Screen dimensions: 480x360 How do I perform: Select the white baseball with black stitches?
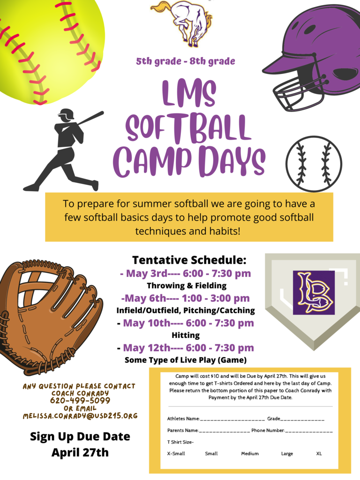pyautogui.click(x=314, y=164)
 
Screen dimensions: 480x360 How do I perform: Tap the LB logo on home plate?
pyautogui.click(x=314, y=292)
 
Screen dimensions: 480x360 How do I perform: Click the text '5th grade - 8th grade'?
pyautogui.click(x=186, y=61)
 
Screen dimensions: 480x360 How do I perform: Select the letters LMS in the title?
pyautogui.click(x=189, y=94)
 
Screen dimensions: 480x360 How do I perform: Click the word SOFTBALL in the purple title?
pyautogui.click(x=189, y=127)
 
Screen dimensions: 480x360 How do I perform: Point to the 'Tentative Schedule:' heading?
pyautogui.click(x=189, y=260)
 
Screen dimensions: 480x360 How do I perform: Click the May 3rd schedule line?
pyautogui.click(x=186, y=273)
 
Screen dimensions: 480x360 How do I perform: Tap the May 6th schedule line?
pyautogui.click(x=185, y=298)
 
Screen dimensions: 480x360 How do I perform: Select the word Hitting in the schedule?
pyautogui.click(x=186, y=335)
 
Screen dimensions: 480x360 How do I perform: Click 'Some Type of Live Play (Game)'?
pyautogui.click(x=186, y=360)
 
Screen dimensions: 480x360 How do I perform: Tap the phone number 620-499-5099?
pyautogui.click(x=80, y=401)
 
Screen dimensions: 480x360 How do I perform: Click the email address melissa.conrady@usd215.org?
pyautogui.click(x=80, y=416)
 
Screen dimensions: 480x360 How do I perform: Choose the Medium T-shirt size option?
pyautogui.click(x=250, y=454)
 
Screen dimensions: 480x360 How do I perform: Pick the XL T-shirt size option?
pyautogui.click(x=319, y=454)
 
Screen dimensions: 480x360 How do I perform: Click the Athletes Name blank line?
pyautogui.click(x=232, y=419)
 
